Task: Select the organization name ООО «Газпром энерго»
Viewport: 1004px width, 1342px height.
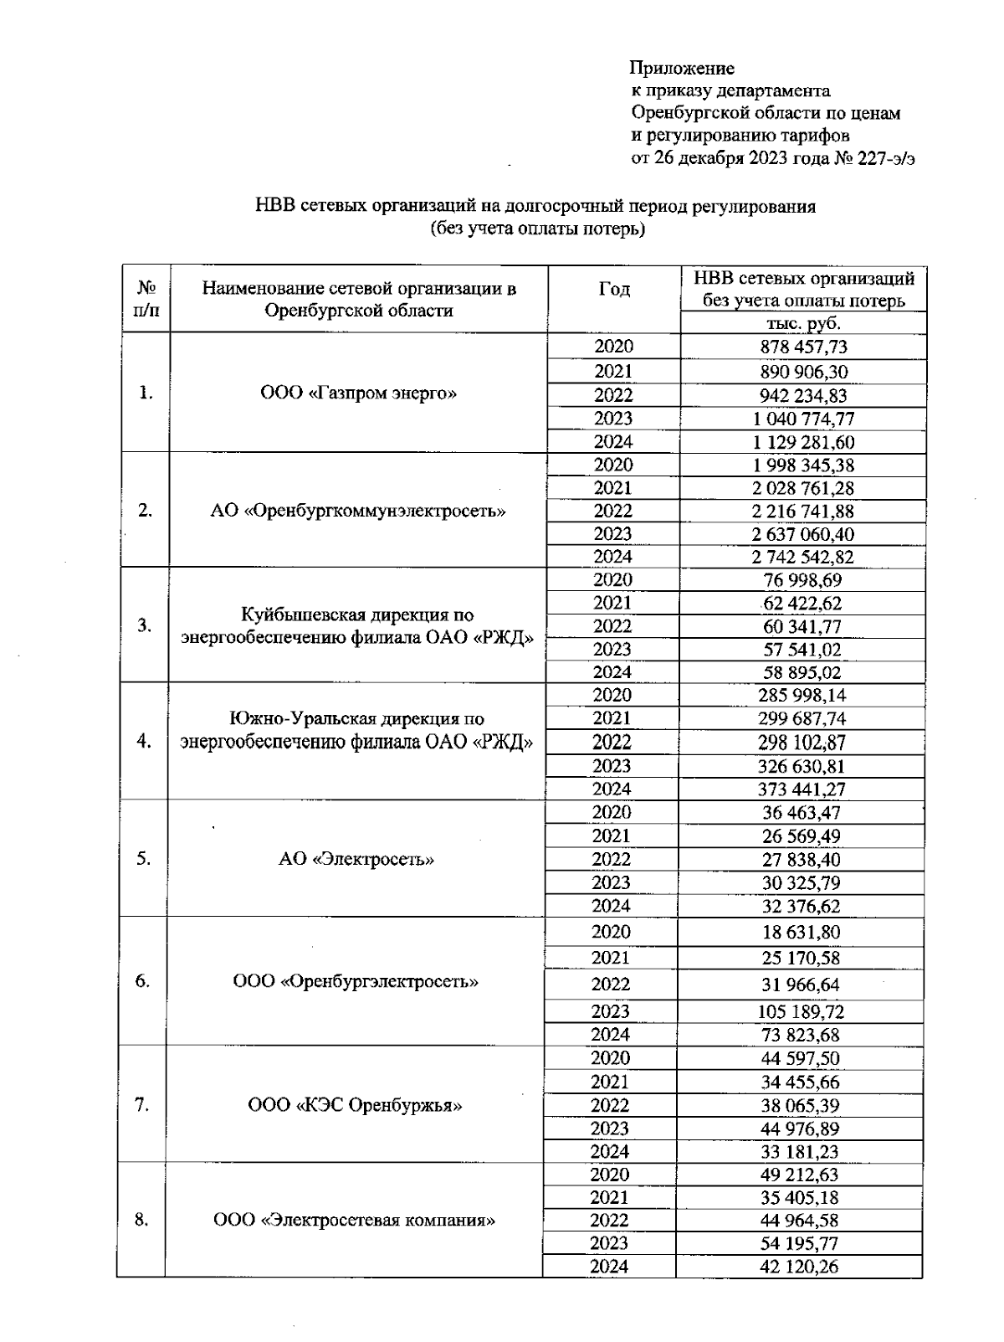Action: coord(359,393)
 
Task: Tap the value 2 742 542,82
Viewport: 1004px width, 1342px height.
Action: coord(802,558)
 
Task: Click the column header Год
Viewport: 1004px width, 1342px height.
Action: coord(614,290)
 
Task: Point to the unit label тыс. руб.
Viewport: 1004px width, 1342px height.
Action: coord(803,324)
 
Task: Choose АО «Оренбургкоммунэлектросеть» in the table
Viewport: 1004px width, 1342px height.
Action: coord(358,512)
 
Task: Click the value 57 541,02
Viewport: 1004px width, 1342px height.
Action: coord(802,650)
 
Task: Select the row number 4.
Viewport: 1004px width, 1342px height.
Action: coord(144,741)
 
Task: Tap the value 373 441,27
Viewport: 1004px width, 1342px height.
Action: coord(802,789)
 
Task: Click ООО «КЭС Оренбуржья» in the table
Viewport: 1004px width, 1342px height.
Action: coord(356,1106)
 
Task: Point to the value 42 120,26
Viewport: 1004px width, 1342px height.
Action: coord(799,1267)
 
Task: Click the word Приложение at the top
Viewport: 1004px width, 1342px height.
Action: coord(683,69)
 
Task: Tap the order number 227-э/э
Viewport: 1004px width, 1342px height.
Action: coord(884,159)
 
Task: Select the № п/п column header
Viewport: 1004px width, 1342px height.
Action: coord(146,299)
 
